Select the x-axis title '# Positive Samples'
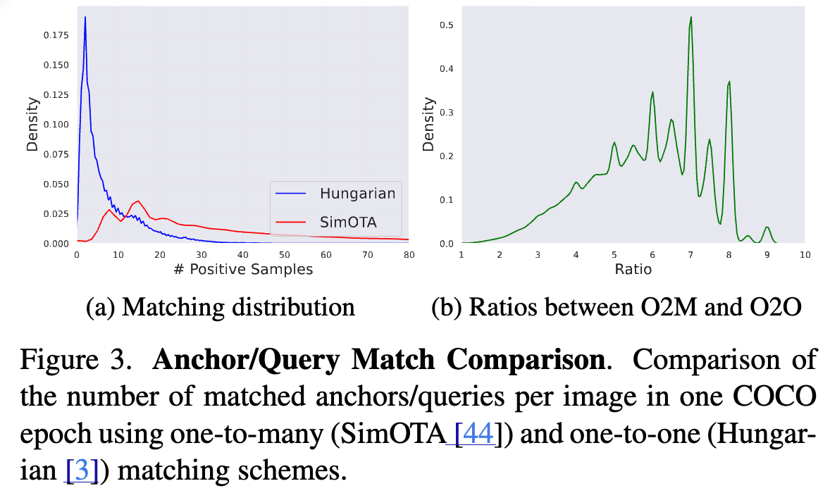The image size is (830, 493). pos(242,269)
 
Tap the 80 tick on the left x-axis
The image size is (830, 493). pos(408,254)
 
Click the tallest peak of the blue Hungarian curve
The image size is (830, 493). pos(85,17)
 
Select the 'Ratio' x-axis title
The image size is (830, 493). pos(632,269)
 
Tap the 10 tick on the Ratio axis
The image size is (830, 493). pos(805,254)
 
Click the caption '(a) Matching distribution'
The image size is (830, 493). pos(220,307)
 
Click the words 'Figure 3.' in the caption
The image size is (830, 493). pos(72,361)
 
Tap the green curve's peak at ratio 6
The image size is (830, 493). pos(653,92)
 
